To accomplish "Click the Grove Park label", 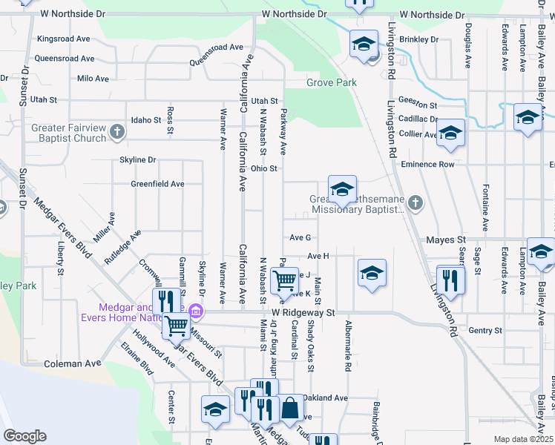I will (x=332, y=82).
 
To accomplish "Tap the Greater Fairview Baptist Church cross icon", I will (x=116, y=133).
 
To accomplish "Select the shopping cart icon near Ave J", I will (x=285, y=281).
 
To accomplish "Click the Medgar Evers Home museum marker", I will (x=196, y=310).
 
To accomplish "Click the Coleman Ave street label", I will (x=72, y=364).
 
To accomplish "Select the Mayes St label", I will (x=445, y=240).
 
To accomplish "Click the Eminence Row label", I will (x=426, y=164).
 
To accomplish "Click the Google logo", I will (x=24, y=436).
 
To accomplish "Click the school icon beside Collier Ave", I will (x=450, y=133).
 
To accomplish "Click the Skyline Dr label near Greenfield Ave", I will (x=138, y=159).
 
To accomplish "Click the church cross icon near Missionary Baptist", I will (x=416, y=202).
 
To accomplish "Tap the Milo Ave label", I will (x=93, y=78).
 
